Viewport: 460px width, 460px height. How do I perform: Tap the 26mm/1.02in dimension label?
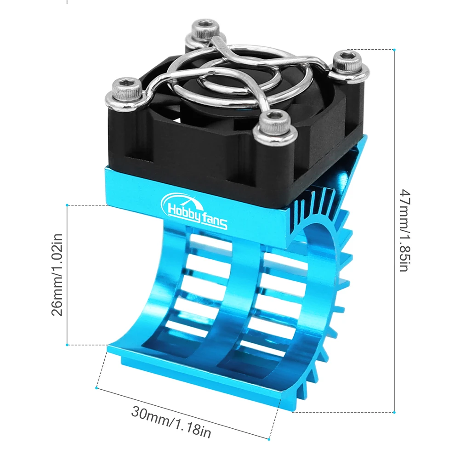pos(57,275)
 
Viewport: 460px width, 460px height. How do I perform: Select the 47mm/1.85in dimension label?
pos(403,230)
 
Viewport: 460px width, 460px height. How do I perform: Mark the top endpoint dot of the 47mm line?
pos(395,49)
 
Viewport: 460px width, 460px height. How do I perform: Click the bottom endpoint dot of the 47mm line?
pos(395,412)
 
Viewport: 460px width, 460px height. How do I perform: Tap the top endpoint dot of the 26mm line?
pos(68,205)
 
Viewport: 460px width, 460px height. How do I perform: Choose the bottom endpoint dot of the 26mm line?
pos(68,344)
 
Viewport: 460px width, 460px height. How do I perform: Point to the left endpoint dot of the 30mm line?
pos(96,388)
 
